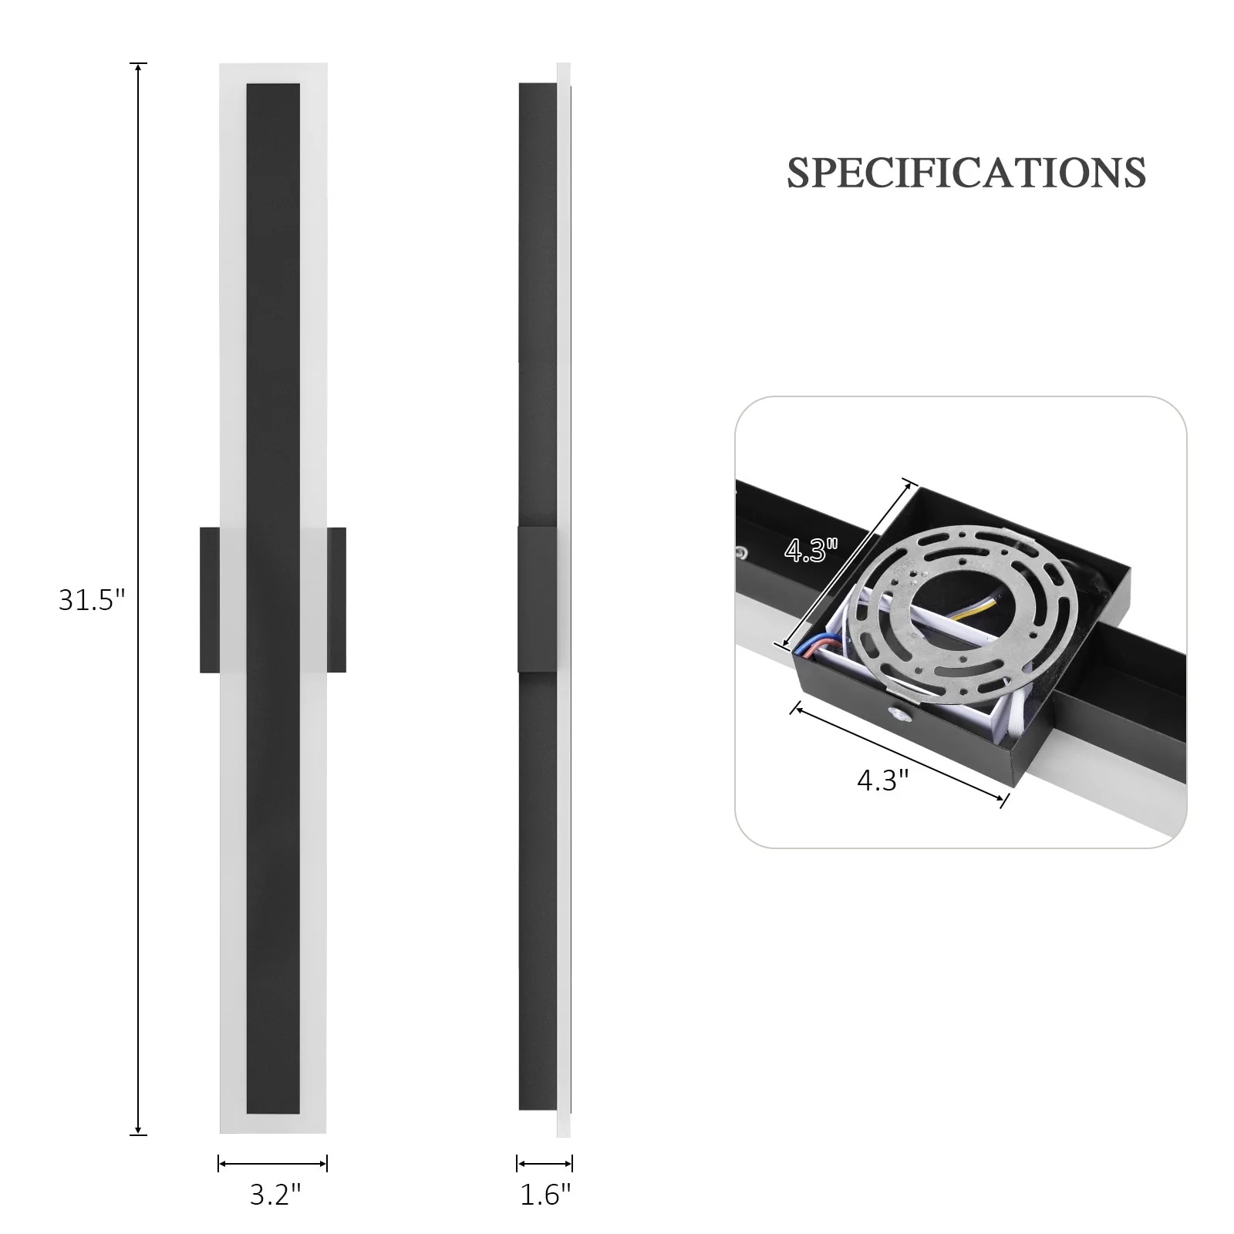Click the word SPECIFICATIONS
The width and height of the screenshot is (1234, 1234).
(x=966, y=173)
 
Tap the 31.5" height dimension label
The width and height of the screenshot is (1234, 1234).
(x=92, y=599)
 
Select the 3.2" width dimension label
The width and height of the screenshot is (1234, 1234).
(x=275, y=1195)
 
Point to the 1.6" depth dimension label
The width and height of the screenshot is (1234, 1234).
(x=545, y=1195)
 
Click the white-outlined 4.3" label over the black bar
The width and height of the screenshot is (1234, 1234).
(x=811, y=550)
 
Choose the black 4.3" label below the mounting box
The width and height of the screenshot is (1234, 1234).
(x=883, y=781)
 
